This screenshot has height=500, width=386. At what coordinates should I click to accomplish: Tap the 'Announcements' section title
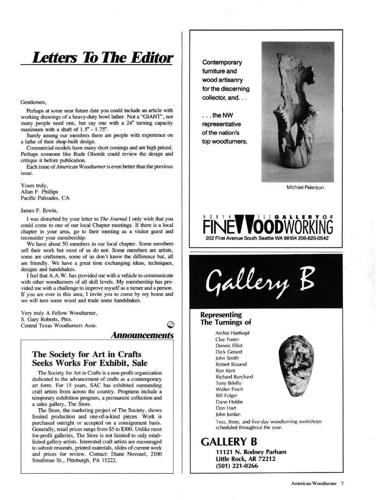tap(143, 335)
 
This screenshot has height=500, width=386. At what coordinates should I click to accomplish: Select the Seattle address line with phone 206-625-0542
tap(267, 239)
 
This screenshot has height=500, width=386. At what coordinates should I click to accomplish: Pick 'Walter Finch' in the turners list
tap(229, 389)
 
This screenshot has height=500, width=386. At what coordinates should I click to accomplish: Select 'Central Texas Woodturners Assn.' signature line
tap(54, 324)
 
